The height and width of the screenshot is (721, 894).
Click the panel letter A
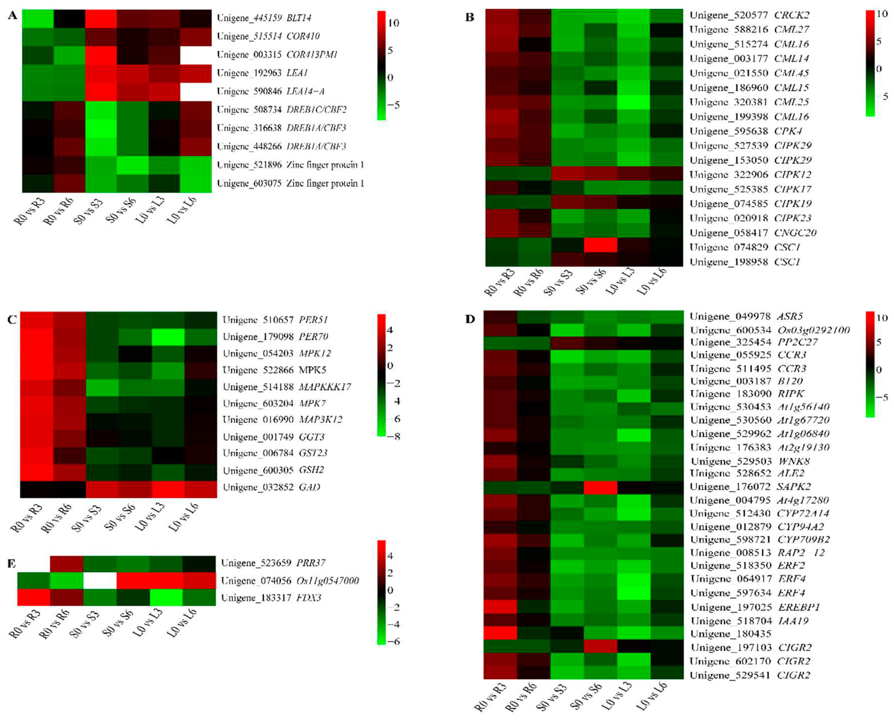12,15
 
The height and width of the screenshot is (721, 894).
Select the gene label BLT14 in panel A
299,18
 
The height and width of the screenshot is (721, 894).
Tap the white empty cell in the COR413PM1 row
195,55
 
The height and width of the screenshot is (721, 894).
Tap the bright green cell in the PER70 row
168,337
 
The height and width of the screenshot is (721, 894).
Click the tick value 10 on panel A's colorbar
393,23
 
